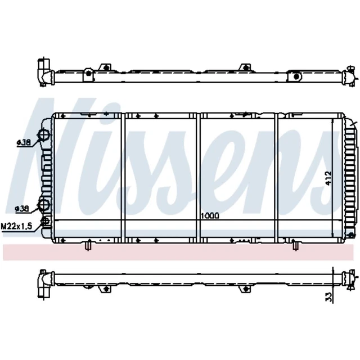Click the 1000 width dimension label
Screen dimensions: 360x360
[209, 215]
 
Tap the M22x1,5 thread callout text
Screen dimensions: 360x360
[16, 227]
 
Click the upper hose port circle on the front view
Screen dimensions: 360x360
[43, 136]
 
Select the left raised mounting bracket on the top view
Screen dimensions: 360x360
[104, 67]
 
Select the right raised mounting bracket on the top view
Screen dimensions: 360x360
[244, 67]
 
